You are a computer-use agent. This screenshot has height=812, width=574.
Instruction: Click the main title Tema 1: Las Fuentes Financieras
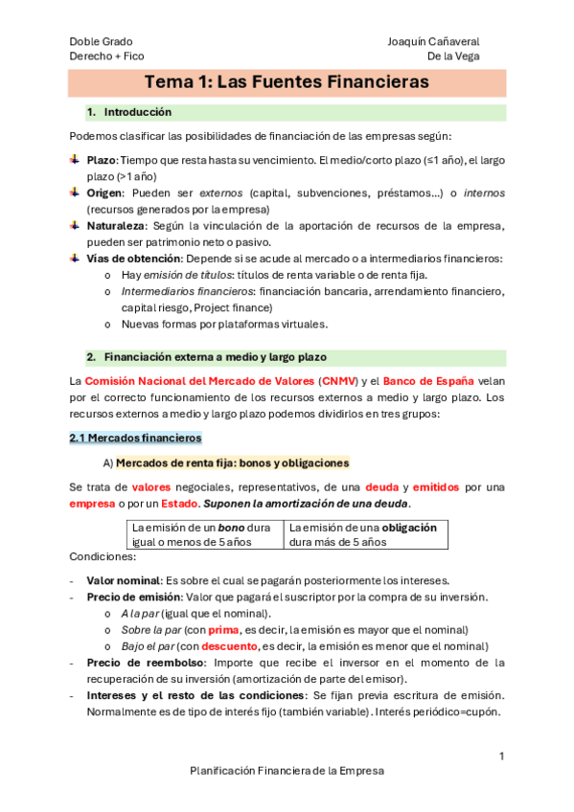[287, 83]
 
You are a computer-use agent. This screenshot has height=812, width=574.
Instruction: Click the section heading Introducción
[138, 113]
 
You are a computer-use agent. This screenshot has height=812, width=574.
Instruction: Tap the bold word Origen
[104, 192]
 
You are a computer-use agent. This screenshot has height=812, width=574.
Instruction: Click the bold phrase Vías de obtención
[133, 259]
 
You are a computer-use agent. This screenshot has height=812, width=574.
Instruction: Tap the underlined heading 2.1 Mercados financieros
[135, 439]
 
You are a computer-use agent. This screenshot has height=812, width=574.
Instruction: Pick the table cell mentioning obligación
[365, 534]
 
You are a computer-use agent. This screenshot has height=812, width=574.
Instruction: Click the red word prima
[223, 629]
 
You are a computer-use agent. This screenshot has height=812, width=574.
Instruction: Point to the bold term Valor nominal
[123, 580]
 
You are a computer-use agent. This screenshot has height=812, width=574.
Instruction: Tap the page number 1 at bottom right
[501, 756]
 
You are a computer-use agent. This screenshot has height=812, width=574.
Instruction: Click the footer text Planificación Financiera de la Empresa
[287, 771]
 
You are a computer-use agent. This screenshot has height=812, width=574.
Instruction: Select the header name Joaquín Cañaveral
[433, 42]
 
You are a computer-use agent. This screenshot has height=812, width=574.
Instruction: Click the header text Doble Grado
[101, 42]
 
